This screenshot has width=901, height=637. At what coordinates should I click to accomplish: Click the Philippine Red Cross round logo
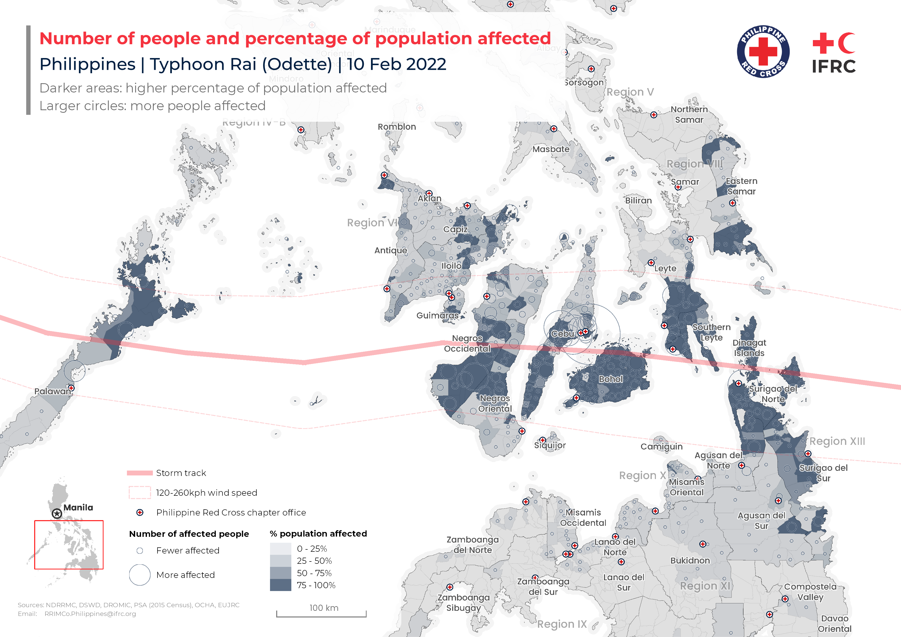[763, 51]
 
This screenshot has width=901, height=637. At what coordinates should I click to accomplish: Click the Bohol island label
[611, 379]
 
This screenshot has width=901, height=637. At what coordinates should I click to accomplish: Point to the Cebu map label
[562, 334]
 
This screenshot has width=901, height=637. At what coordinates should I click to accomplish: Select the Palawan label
[53, 391]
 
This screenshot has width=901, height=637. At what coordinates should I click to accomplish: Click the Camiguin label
[661, 446]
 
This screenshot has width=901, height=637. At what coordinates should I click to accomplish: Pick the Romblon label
[397, 127]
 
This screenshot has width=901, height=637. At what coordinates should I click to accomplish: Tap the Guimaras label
[437, 315]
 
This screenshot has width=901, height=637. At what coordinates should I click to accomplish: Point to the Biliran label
[638, 200]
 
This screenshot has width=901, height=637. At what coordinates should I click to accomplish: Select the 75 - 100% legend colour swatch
[280, 585]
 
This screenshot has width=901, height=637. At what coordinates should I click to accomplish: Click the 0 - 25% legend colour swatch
[280, 548]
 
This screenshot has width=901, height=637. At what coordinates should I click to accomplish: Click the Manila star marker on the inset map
[57, 513]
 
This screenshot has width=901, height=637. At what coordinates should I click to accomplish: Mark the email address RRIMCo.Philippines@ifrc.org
[90, 614]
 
